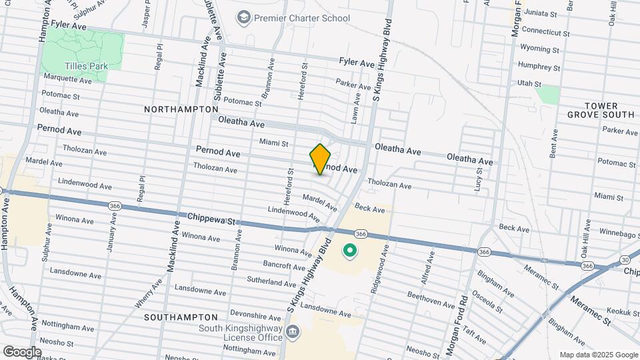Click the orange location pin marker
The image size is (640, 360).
(321, 159)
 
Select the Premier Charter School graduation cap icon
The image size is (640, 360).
(244, 16)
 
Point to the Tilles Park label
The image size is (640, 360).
(82, 66)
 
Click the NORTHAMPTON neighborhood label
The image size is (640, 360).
(181, 109)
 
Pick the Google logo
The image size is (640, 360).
(22, 351)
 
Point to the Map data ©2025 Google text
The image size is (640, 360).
(597, 355)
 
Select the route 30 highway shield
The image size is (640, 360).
(624, 259)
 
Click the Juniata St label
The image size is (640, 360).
(540, 13)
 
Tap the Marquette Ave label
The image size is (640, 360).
(67, 79)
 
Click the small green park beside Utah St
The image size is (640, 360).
(549, 94)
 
